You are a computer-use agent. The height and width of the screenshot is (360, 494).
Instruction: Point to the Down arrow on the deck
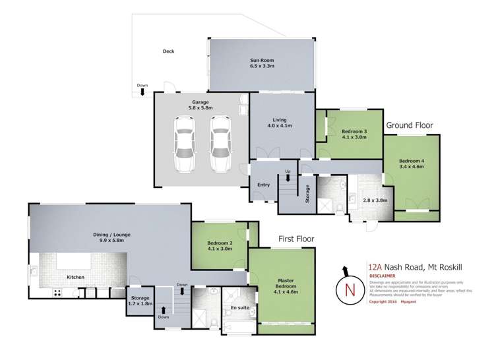click(142, 92)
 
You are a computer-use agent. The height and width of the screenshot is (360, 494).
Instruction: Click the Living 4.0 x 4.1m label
click(279, 122)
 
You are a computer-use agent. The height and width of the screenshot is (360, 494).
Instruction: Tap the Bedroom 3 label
click(355, 135)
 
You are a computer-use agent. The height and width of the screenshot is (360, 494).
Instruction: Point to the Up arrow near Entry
click(287, 177)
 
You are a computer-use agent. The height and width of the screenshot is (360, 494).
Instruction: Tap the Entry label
click(263, 185)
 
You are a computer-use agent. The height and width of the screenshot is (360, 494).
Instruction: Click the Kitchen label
click(76, 277)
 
